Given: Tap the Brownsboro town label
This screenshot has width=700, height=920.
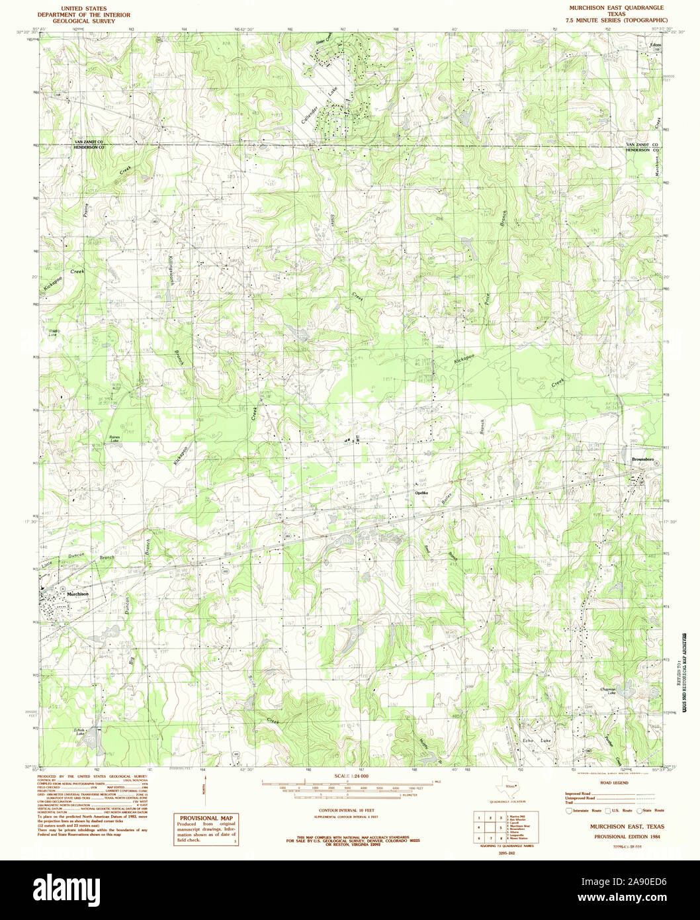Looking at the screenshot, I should tap(642, 458).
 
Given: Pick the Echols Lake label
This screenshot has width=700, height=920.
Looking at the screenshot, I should tap(80, 732).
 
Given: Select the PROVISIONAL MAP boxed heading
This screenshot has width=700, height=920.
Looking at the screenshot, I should tap(208, 818).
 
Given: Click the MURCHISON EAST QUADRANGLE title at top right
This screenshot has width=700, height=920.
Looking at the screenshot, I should tap(609, 5).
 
